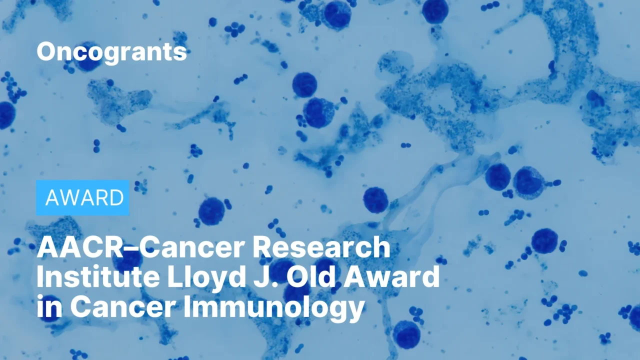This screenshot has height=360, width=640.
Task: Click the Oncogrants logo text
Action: coord(111,51)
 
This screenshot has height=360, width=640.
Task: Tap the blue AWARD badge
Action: coord(83,198)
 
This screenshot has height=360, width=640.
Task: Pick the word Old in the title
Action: coord(312,278)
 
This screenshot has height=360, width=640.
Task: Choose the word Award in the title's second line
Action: coord(395,278)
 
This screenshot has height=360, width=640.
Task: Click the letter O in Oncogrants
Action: coord(46,51)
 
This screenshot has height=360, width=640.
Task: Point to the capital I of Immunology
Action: coord(187,307)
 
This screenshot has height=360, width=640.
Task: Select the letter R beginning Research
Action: coord(265,248)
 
